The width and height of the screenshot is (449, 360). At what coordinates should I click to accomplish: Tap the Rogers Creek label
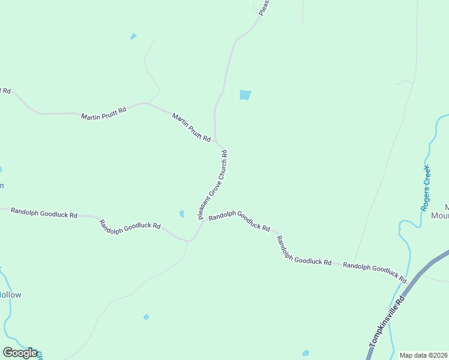click(x=426, y=187)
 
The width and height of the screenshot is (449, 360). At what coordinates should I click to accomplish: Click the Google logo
click(x=20, y=353)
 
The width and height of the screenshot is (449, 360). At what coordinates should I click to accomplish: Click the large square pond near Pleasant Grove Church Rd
click(x=245, y=95)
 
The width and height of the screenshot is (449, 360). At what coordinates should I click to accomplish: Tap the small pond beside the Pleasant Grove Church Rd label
click(x=181, y=214)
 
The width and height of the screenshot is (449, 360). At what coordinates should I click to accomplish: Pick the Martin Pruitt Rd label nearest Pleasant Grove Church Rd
click(x=191, y=128)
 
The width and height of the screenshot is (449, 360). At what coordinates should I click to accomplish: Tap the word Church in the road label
click(x=220, y=170)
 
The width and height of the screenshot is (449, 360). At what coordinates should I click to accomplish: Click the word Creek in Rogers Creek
click(x=427, y=176)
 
